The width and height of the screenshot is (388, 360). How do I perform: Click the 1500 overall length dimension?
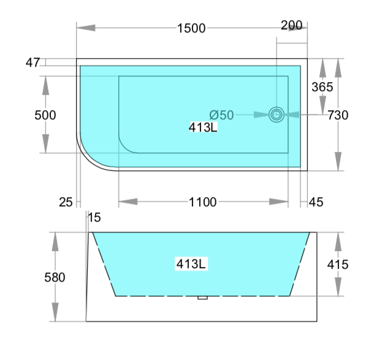[191, 28]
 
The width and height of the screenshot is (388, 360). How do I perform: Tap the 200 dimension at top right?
[292, 25]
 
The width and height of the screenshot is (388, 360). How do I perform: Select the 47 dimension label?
[32, 62]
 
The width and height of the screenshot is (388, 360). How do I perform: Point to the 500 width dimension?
[45, 115]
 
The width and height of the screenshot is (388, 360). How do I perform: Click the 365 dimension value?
[322, 87]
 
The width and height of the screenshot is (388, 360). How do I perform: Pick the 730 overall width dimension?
[338, 115]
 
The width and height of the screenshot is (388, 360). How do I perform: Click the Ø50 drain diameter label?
[221, 115]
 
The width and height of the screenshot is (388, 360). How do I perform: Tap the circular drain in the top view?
[276, 114]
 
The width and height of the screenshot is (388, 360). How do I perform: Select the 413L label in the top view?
[203, 127]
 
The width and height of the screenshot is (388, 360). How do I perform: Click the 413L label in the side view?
[191, 264]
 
